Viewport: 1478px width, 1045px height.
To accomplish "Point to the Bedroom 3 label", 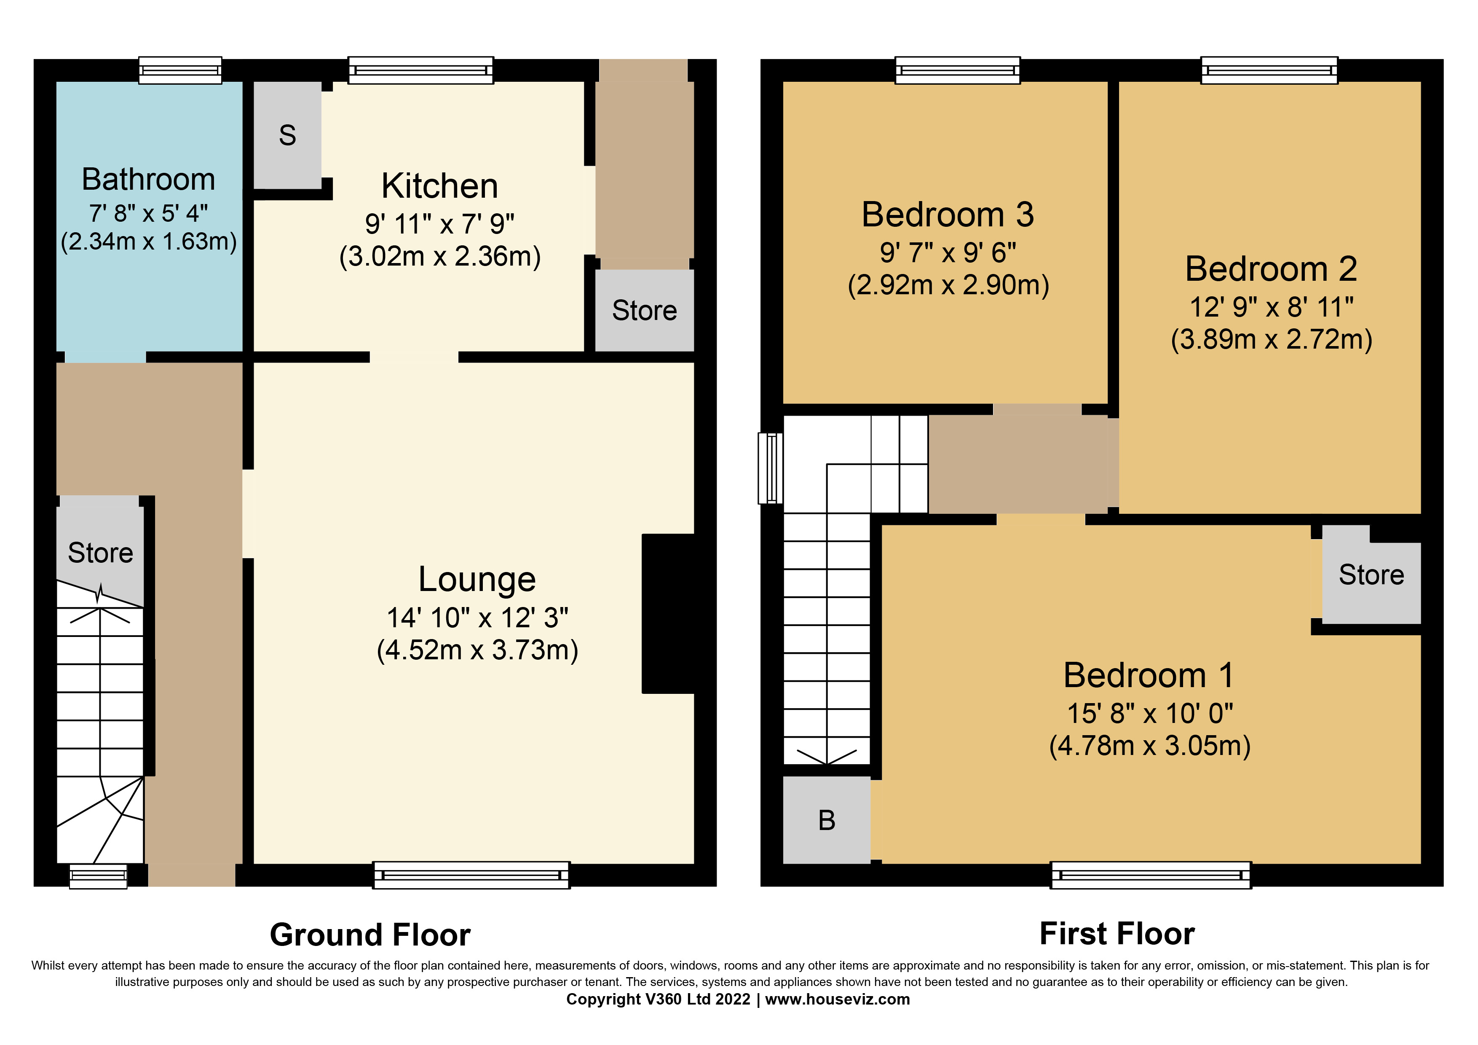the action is click(x=948, y=215).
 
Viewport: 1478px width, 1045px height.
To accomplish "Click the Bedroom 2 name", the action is click(x=1272, y=269).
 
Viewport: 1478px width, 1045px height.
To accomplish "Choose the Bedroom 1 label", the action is click(x=1149, y=675).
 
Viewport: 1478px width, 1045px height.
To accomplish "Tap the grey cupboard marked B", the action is click(x=827, y=819).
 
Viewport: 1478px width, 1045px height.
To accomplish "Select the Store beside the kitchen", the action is click(x=644, y=310).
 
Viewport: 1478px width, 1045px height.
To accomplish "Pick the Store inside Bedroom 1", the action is click(x=1371, y=575).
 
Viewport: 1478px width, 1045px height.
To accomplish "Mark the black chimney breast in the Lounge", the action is click(x=668, y=614).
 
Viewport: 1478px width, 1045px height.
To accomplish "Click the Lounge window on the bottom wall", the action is click(x=471, y=876).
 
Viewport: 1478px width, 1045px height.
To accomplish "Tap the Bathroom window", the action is click(x=181, y=70).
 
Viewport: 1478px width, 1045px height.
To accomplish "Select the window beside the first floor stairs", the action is click(x=771, y=468).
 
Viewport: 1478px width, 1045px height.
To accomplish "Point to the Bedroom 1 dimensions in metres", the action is click(x=1150, y=746).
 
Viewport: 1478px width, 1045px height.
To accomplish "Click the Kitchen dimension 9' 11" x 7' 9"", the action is click(x=440, y=224).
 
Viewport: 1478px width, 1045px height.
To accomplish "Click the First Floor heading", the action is click(x=1117, y=934).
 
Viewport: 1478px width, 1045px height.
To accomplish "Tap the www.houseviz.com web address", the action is click(x=838, y=999).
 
